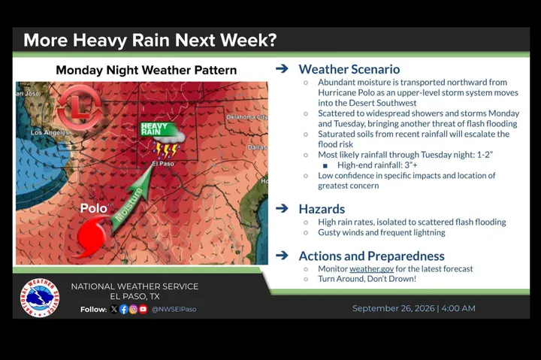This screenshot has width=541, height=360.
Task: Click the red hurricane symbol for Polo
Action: pos(90,237)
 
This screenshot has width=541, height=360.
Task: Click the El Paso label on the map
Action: pos(163,164)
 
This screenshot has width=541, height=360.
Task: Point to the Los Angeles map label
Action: pos(50,132)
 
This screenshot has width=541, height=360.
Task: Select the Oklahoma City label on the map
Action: pos(246,117)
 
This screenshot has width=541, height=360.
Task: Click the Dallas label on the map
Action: pos(257,147)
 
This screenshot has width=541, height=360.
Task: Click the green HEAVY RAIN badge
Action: pos(159,129)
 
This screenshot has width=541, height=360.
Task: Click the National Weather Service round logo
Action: pos(40,298)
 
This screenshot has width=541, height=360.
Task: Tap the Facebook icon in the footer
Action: pos(123,309)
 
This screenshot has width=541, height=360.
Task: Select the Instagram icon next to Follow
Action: pos(133,309)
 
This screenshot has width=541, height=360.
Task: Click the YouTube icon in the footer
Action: pos(144,309)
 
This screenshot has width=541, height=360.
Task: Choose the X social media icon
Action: pos(114,309)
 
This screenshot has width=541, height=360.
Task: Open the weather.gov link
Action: pos(372,269)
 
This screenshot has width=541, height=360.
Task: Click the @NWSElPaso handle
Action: pos(174,309)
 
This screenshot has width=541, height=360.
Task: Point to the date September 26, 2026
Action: pos(393,308)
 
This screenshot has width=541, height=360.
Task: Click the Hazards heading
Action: pos(322,209)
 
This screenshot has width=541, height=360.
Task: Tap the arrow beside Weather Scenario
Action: pos(282,68)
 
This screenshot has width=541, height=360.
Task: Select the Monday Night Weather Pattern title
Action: pos(147,71)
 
